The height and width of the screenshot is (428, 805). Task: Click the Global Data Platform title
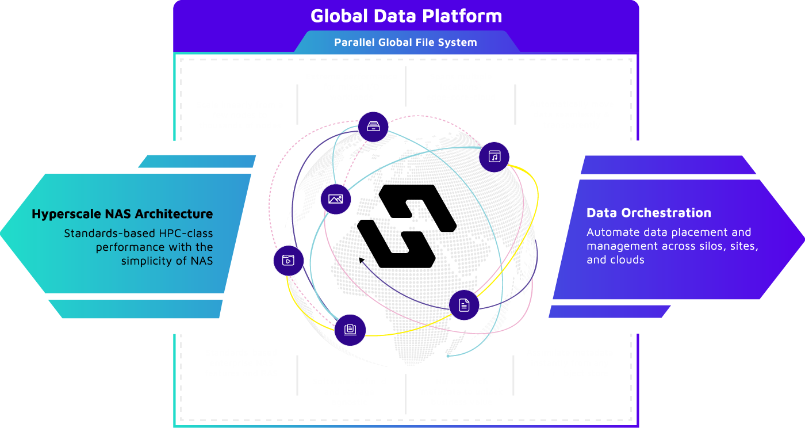[x=406, y=16]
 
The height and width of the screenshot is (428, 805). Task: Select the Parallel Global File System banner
[x=405, y=42]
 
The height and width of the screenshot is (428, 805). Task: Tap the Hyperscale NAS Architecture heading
[x=122, y=214]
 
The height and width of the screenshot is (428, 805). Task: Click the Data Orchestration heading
[x=649, y=213]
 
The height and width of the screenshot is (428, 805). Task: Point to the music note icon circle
[x=494, y=156]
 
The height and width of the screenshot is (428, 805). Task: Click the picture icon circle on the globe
[x=336, y=199]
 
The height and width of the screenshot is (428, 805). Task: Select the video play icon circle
[x=288, y=260]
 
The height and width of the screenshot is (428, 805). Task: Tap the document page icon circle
[x=464, y=305]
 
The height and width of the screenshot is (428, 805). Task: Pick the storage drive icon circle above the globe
[x=373, y=127]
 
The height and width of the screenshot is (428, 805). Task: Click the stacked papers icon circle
[x=350, y=330]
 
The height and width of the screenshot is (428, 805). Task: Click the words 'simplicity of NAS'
[x=167, y=261]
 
